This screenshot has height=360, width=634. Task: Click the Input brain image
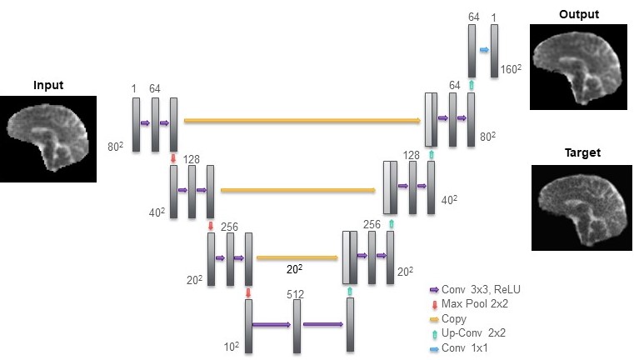(x=48, y=138)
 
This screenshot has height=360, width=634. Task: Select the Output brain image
(x=579, y=67)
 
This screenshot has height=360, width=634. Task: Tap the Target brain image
(x=582, y=207)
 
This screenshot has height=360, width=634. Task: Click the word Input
(x=48, y=85)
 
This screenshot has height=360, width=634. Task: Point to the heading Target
(x=582, y=152)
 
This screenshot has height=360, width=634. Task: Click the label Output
(x=579, y=14)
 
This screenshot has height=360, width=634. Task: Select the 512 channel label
(x=295, y=294)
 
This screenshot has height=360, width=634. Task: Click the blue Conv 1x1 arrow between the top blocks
(x=484, y=50)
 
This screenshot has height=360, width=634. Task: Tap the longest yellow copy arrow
(x=302, y=120)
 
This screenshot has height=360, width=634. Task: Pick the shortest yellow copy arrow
(x=297, y=257)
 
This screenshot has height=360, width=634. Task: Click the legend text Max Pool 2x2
(x=475, y=304)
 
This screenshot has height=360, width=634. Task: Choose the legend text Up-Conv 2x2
(x=473, y=332)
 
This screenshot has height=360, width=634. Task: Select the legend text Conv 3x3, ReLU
(x=481, y=290)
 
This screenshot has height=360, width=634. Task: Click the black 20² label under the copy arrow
(x=294, y=269)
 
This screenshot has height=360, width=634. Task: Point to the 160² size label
(x=511, y=69)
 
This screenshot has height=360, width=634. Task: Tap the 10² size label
(x=232, y=347)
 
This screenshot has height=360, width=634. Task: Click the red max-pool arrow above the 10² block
(x=248, y=292)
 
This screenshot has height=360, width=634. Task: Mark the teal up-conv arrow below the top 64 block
(x=472, y=85)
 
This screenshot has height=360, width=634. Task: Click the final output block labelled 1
(x=494, y=51)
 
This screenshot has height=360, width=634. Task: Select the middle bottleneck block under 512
(x=297, y=326)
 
